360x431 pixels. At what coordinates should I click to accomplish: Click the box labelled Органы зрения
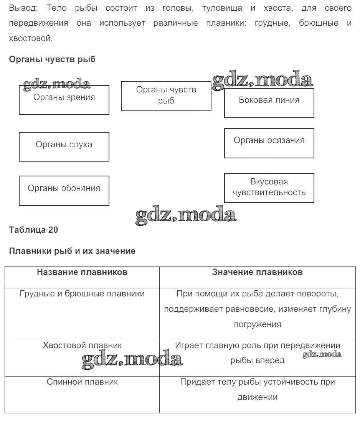click(64, 100)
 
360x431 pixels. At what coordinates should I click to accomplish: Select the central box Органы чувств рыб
click(166, 95)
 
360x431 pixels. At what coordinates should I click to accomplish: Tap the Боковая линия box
click(269, 102)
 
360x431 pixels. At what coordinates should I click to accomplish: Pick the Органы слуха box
click(64, 146)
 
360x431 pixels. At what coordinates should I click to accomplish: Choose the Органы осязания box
click(269, 143)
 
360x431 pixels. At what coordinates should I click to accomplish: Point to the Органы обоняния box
click(64, 190)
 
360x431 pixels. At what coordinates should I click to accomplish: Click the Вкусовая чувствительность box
click(269, 188)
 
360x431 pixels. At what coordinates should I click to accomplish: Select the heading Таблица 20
click(33, 230)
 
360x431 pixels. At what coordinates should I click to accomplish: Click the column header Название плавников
click(82, 272)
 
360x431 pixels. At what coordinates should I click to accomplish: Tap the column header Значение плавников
click(257, 272)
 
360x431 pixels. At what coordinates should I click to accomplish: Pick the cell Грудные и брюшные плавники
click(82, 294)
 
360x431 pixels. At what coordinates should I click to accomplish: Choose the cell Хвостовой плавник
click(82, 345)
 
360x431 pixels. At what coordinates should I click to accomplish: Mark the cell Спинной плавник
click(82, 382)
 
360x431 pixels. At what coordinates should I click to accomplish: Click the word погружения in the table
click(258, 324)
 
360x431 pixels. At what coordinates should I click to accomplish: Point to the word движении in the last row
click(257, 397)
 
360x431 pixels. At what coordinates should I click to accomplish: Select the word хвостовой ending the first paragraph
click(30, 38)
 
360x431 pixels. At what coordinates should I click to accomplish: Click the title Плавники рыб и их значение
click(72, 251)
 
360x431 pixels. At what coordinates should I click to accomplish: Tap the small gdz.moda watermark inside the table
click(322, 354)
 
